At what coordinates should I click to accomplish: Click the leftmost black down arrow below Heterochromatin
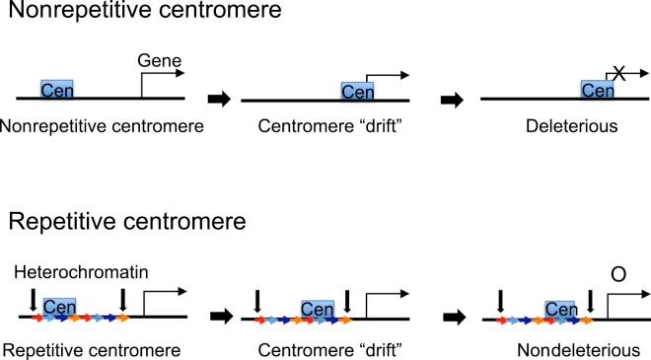34,298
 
